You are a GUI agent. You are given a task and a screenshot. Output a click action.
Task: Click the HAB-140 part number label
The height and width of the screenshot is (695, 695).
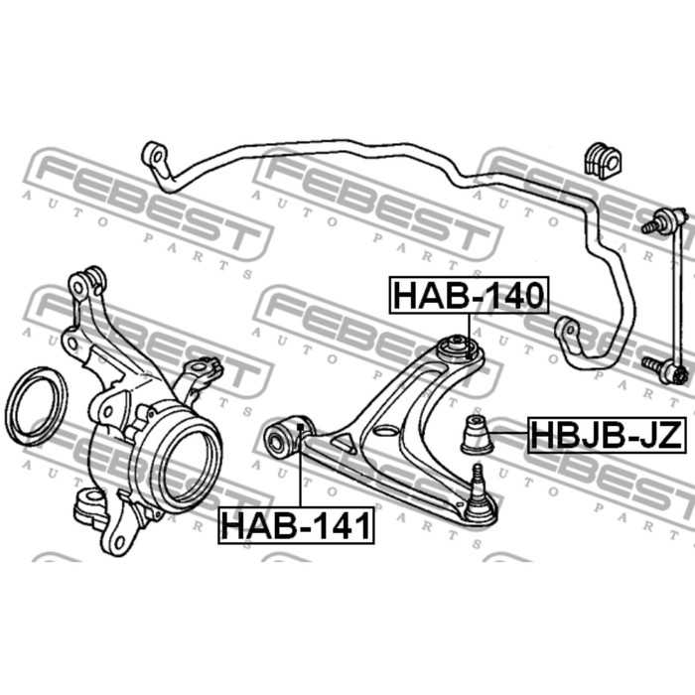pyautogui.click(x=469, y=295)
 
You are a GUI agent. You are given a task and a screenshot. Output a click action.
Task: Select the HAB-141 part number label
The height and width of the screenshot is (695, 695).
pyautogui.click(x=296, y=525)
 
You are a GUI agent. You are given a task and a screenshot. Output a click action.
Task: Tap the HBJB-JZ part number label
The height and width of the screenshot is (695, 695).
pyautogui.click(x=607, y=435)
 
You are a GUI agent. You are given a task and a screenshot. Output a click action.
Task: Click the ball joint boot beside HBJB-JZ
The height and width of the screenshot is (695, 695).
pyautogui.click(x=477, y=435)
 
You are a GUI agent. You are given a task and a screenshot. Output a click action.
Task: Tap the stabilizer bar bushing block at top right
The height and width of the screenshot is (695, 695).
pyautogui.click(x=602, y=161)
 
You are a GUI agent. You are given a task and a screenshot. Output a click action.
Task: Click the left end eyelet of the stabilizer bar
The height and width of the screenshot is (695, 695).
pyautogui.click(x=155, y=156)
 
